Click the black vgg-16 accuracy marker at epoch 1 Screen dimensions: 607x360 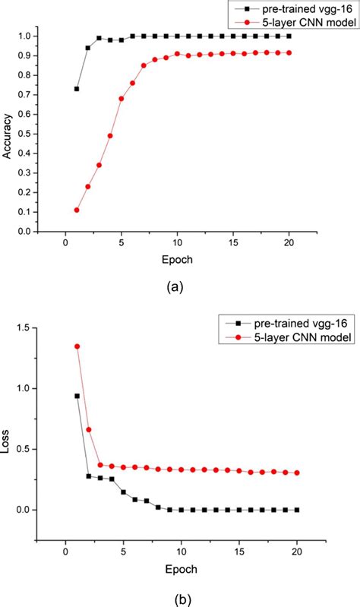[77, 89]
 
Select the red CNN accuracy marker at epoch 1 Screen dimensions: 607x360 [77, 210]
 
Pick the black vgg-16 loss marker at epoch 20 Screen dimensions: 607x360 [297, 510]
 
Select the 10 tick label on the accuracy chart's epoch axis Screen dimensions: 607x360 [177, 244]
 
